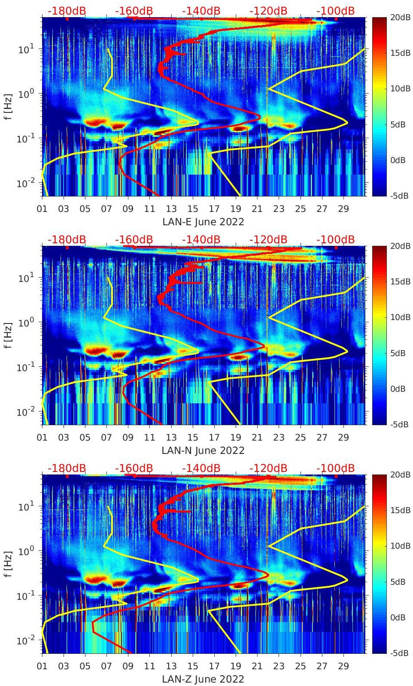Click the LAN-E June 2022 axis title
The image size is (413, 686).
[203, 222]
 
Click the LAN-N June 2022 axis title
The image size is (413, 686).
[203, 450]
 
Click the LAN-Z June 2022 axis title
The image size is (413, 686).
[203, 679]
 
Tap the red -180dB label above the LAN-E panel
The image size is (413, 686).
[67, 11]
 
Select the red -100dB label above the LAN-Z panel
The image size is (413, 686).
[336, 468]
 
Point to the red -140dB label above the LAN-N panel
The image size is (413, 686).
[201, 239]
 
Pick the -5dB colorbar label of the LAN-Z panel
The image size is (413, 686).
[400, 653]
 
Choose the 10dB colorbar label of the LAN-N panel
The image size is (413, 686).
[401, 317]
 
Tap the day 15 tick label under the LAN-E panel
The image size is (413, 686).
[193, 209]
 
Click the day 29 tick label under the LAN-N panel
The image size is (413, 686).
[343, 438]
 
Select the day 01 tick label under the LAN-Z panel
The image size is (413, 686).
[42, 666]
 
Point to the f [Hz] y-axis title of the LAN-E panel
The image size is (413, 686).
[8, 107]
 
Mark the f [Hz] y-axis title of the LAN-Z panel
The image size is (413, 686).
[8, 564]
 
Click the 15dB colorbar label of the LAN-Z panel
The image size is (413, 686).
[401, 510]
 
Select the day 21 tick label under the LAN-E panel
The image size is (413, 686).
[257, 209]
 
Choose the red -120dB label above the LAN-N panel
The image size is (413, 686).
[268, 239]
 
